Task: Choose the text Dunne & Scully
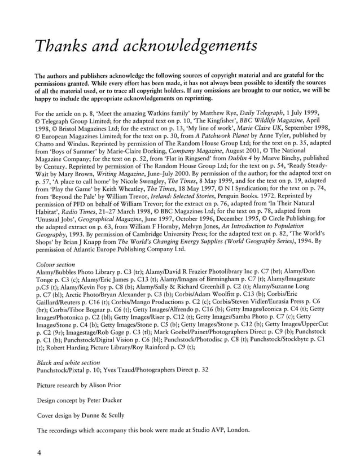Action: coord(117,415)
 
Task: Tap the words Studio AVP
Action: coord(199,431)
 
